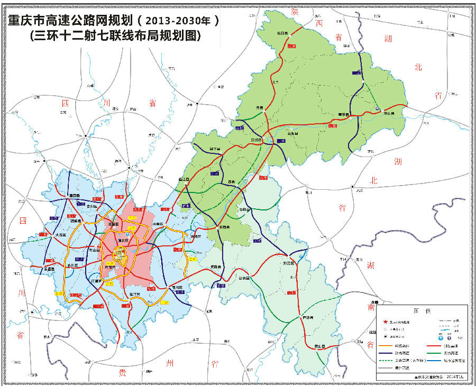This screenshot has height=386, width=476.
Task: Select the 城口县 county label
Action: click(282, 33)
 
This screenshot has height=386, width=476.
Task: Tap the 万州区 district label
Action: click(258, 140)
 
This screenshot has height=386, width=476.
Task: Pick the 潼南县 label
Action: click(74, 196)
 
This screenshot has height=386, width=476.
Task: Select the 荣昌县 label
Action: click(50, 269)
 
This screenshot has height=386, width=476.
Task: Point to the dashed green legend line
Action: click(393, 359)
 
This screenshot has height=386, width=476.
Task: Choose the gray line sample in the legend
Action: click(393, 366)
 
